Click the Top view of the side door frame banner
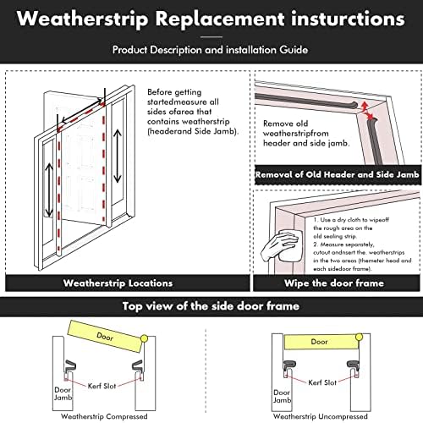tap(211, 307)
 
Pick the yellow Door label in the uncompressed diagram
tap(319, 342)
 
